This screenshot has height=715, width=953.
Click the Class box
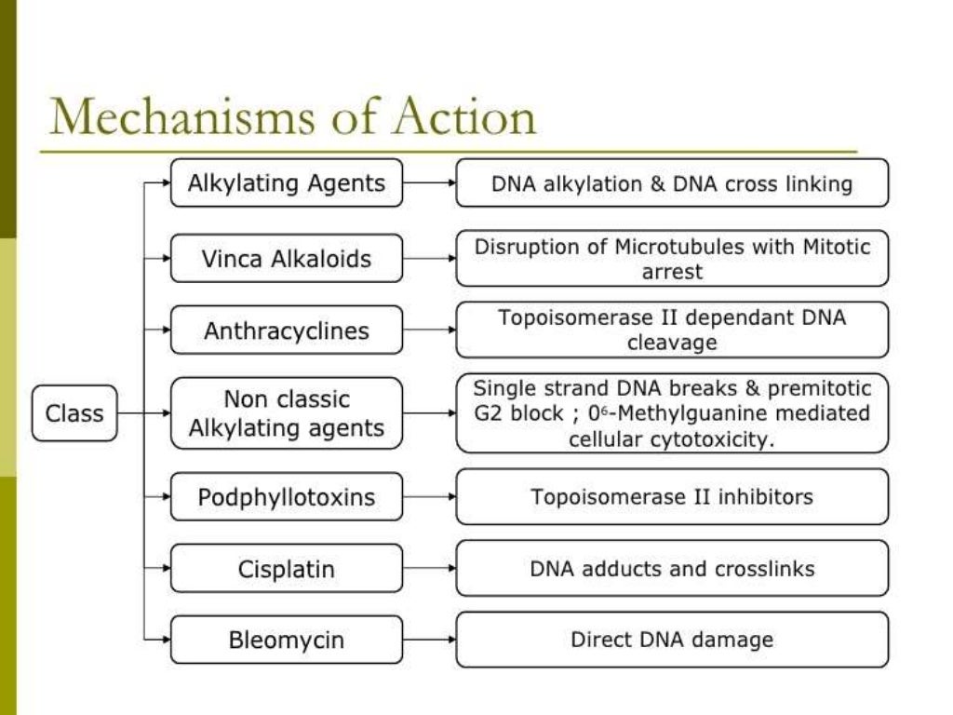coord(74,412)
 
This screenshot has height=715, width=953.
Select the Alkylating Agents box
coord(286,182)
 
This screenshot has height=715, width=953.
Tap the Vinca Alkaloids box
coord(286,258)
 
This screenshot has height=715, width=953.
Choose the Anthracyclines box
coord(286,331)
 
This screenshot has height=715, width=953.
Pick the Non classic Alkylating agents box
coord(286,413)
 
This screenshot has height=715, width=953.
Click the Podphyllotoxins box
coord(286,497)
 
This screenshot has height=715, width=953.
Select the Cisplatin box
coord(286,569)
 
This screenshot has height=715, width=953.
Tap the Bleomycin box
coord(286,641)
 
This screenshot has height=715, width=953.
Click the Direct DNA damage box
coord(671,640)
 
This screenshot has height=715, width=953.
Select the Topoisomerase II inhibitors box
coord(671,496)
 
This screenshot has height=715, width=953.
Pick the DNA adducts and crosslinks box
coord(671,568)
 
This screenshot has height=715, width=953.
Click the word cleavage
coord(671,344)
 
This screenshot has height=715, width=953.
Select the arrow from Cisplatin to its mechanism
coord(429,569)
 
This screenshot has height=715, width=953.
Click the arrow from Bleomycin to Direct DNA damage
coord(429,641)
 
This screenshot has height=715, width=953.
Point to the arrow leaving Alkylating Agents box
coord(429,182)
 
